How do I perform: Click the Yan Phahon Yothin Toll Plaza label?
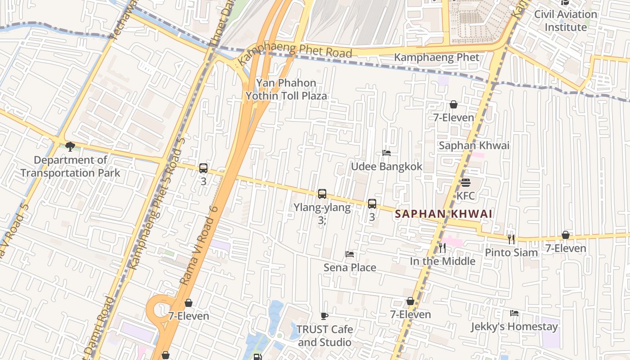tap(286, 89)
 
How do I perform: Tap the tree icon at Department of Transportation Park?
tap(70, 146)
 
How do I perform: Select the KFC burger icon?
tap(465, 183)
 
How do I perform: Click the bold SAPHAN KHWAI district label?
tap(444, 214)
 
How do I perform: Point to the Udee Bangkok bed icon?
tap(386, 153)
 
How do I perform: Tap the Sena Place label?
tap(350, 268)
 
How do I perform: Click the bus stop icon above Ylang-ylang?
tap(322, 194)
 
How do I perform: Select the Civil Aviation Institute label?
tap(566, 21)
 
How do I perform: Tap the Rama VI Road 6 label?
tap(198, 245)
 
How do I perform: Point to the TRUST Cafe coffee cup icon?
tap(324, 316)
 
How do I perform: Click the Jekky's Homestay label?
tap(514, 327)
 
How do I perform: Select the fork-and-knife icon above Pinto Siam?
tap(511, 239)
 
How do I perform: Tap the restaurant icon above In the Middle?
tap(442, 247)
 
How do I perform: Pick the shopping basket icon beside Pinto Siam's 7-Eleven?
tap(566, 235)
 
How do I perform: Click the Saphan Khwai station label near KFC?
tap(474, 145)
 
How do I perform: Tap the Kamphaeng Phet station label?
tap(436, 58)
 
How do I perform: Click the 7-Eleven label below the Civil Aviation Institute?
tap(454, 117)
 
